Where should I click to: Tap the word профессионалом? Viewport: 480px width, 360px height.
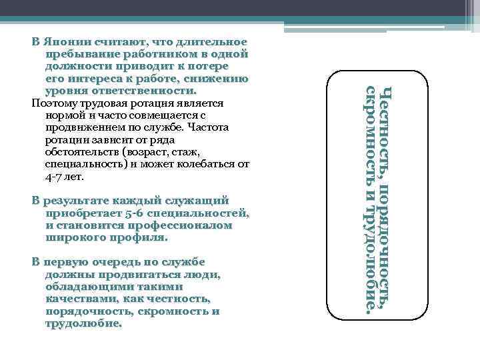[185, 225]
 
